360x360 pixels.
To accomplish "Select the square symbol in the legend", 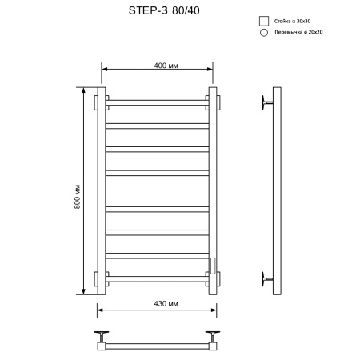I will click(262, 21).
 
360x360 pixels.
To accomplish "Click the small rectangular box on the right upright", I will click(213, 263).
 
